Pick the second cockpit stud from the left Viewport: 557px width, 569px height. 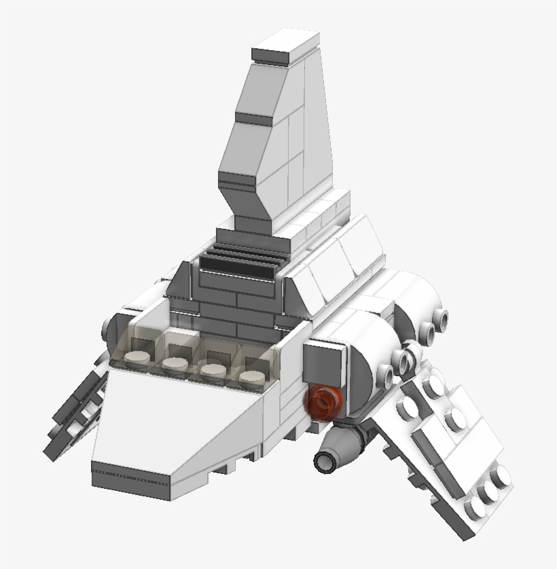[x=175, y=366]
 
